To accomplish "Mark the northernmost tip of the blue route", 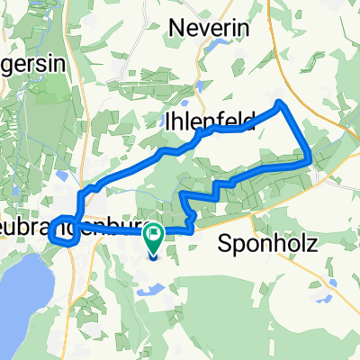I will coord(281,102).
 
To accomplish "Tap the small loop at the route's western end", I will coord(60,231).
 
